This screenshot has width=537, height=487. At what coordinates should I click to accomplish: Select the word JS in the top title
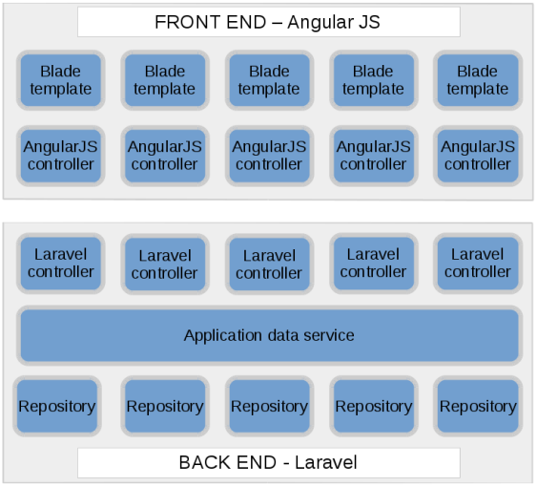pyautogui.click(x=368, y=22)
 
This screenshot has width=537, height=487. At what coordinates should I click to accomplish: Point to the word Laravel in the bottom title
pyautogui.click(x=325, y=462)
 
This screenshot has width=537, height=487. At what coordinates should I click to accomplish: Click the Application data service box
pyautogui.click(x=270, y=335)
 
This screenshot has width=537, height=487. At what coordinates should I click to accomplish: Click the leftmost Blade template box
pyautogui.click(x=61, y=80)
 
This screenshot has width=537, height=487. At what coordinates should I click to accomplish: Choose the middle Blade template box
pyautogui.click(x=270, y=80)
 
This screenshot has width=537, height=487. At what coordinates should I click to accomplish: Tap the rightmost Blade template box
pyautogui.click(x=478, y=80)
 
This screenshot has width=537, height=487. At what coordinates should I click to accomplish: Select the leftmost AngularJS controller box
pyautogui.click(x=61, y=156)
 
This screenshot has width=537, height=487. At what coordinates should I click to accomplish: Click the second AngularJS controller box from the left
pyautogui.click(x=165, y=156)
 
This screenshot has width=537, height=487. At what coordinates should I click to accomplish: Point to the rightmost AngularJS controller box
pyautogui.click(x=478, y=156)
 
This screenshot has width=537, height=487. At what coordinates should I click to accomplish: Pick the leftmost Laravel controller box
pyautogui.click(x=61, y=264)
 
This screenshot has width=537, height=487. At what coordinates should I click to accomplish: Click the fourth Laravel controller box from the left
pyautogui.click(x=374, y=264)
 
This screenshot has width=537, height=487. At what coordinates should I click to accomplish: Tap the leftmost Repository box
pyautogui.click(x=57, y=406)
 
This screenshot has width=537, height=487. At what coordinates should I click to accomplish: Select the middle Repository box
pyautogui.click(x=270, y=406)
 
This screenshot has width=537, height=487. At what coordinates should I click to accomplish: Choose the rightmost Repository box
pyautogui.click(x=478, y=406)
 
